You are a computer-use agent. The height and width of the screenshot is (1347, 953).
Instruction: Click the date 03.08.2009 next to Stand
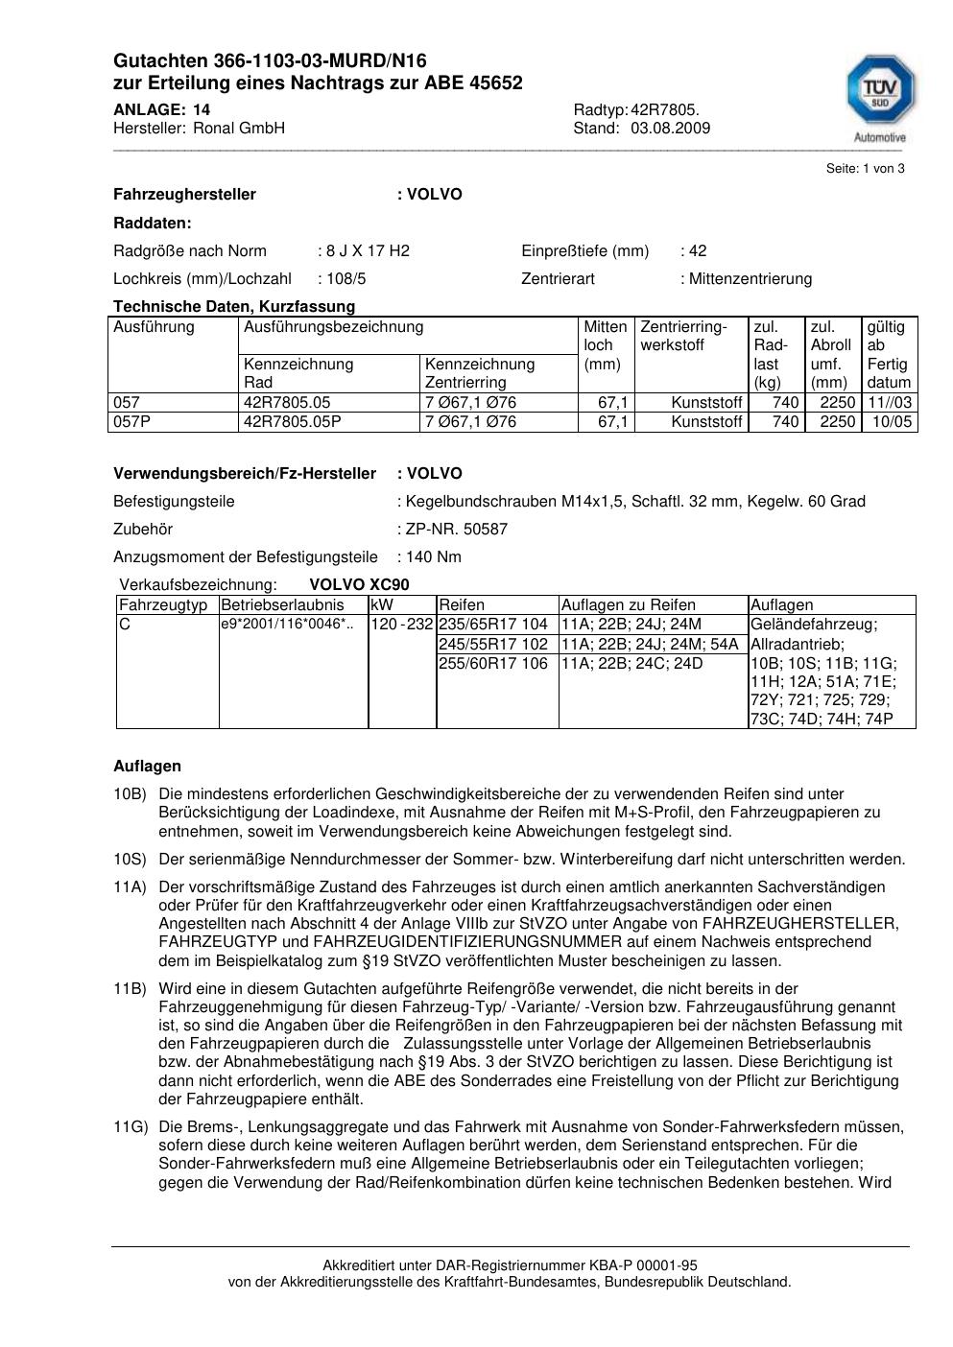(x=670, y=128)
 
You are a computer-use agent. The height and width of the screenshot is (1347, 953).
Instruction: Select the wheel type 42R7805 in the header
(x=664, y=109)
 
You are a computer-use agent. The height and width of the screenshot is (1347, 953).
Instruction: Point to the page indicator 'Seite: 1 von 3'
(x=865, y=169)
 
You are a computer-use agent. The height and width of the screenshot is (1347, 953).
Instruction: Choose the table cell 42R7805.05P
(x=293, y=422)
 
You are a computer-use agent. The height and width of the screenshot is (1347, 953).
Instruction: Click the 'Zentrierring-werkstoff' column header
(x=683, y=336)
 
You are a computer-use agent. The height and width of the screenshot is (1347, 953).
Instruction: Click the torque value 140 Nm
(x=434, y=557)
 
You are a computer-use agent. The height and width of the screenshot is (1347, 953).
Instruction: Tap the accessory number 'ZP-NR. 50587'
(x=457, y=530)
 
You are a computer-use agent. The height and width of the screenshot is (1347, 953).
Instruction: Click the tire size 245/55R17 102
(x=493, y=644)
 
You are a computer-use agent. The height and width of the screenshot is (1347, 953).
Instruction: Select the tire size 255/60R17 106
(x=493, y=663)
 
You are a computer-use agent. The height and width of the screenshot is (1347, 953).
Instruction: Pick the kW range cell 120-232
(x=401, y=625)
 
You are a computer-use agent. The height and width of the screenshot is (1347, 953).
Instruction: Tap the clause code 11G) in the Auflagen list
(x=130, y=1127)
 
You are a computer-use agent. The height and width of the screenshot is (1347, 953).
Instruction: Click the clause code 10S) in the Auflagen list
(x=130, y=860)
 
